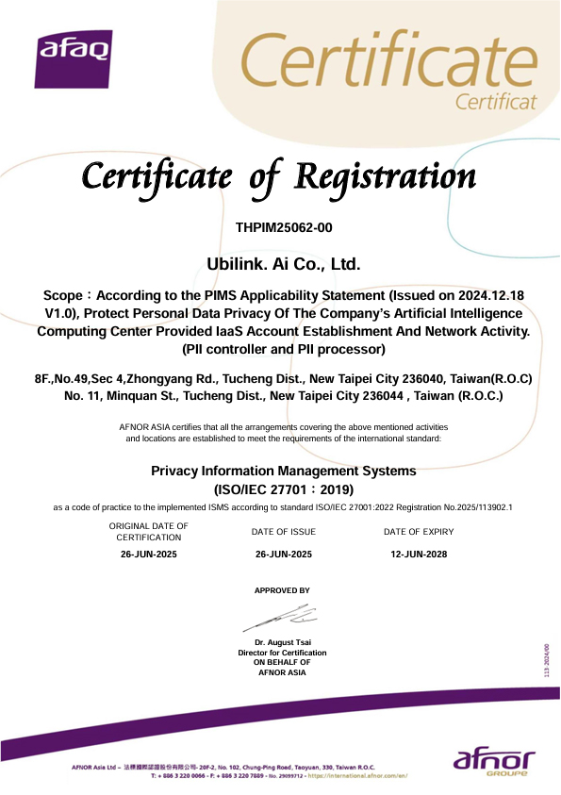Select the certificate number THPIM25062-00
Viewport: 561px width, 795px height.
point(283,227)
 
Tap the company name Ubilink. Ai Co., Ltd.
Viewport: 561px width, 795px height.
point(283,262)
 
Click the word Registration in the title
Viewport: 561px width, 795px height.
point(386,176)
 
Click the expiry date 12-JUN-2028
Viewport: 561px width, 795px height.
point(419,554)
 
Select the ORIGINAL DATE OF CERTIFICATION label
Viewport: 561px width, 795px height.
point(149,531)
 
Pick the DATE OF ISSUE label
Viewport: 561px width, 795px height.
point(284,532)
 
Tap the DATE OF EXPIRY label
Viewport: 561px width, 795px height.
point(419,532)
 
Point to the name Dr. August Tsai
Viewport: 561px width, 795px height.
point(282,643)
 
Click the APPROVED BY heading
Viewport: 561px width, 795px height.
point(282,590)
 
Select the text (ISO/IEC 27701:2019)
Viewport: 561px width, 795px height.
point(284,489)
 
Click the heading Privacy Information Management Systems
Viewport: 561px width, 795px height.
point(283,470)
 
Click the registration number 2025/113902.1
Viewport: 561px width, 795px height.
point(471,507)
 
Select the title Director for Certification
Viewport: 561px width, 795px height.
point(282,653)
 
